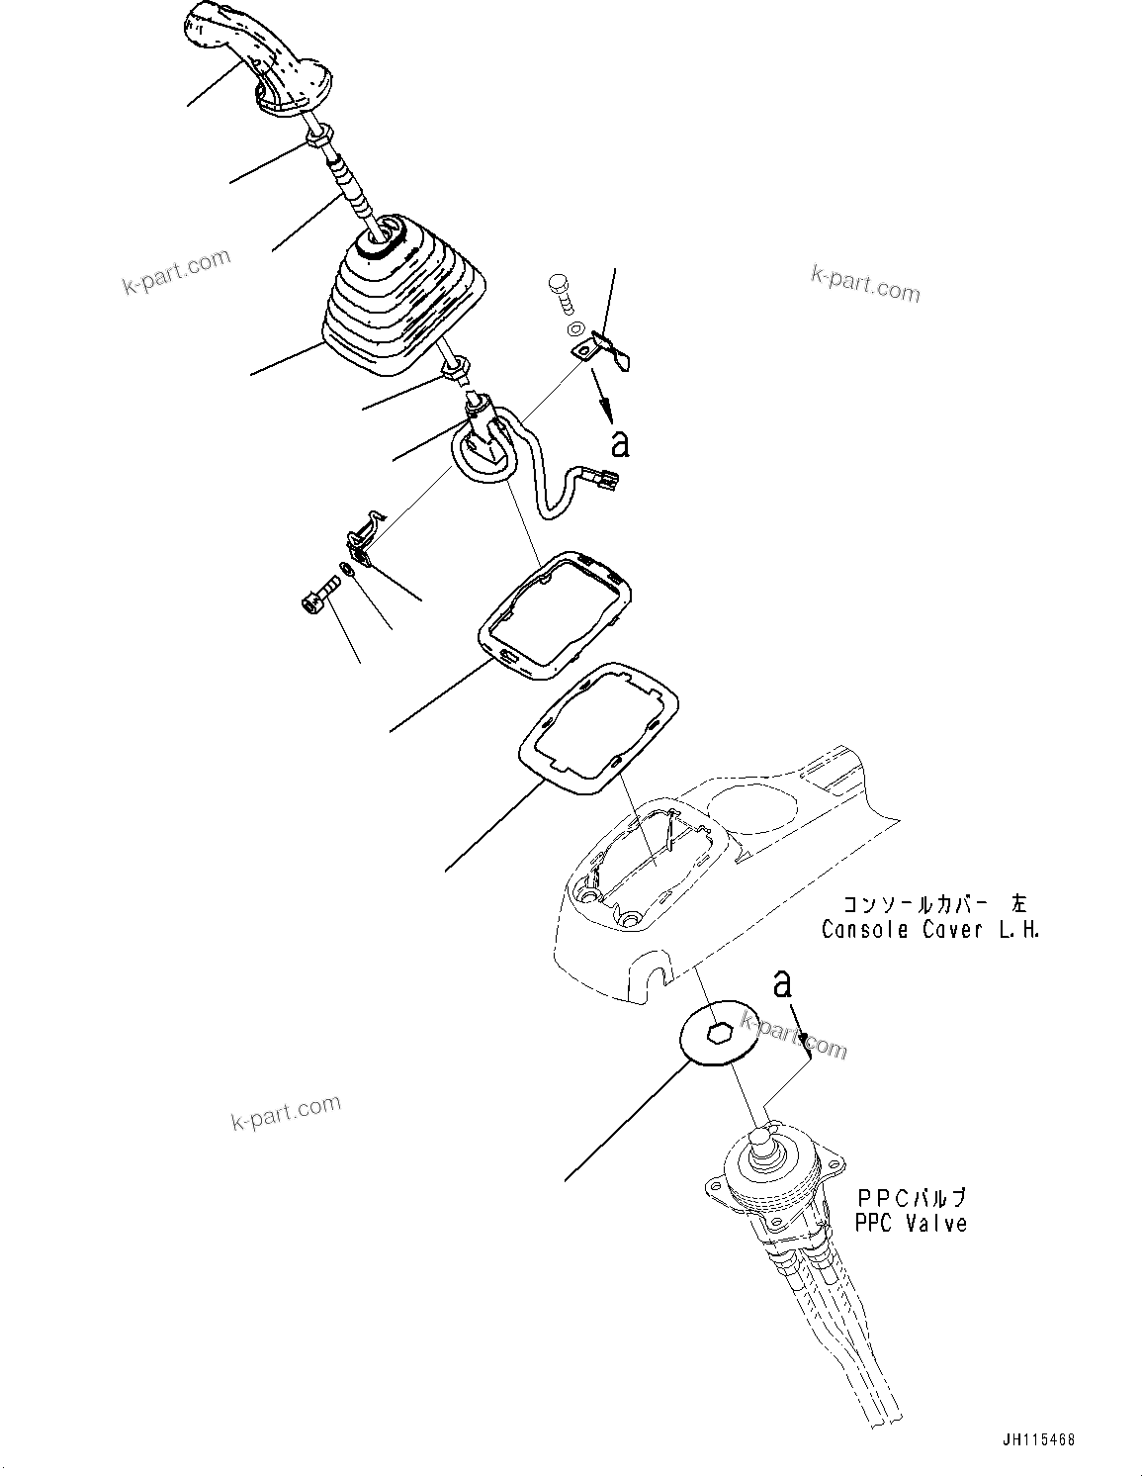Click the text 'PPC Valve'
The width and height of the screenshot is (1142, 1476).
point(910,1224)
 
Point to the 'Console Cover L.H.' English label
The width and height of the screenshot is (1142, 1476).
point(929,930)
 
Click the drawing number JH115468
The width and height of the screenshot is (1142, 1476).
point(1036,1440)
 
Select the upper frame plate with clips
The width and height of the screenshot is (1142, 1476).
point(556,615)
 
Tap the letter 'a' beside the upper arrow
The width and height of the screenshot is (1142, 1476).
point(620,444)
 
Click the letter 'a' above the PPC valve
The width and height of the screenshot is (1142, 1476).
point(782,984)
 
